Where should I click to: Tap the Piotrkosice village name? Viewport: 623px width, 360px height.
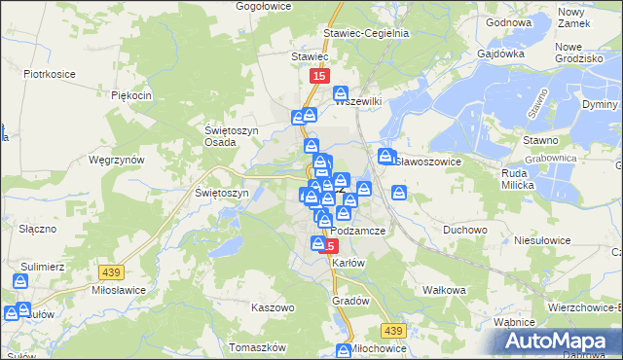(50, 73)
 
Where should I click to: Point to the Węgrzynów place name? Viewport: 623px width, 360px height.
(116, 159)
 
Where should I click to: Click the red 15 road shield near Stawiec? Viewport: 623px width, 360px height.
(319, 75)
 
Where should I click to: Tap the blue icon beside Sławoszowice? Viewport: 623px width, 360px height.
(385, 158)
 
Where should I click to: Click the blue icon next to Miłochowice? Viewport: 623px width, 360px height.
(343, 351)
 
